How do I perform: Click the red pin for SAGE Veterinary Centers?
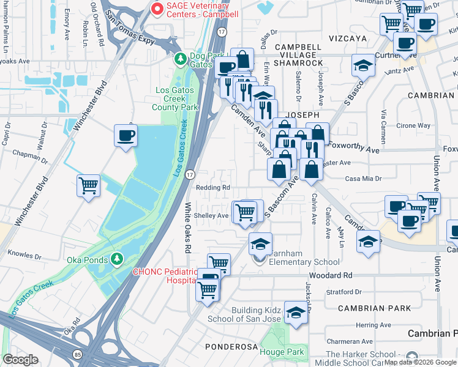(157, 9)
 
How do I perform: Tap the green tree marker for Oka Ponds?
(115, 260)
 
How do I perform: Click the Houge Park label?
(281, 352)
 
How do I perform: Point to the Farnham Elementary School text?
(302, 262)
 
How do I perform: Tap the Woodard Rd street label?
(336, 276)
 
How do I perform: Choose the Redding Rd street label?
(212, 188)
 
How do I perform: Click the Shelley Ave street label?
(211, 215)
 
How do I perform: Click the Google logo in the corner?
(21, 360)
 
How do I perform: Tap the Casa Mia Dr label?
(363, 179)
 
